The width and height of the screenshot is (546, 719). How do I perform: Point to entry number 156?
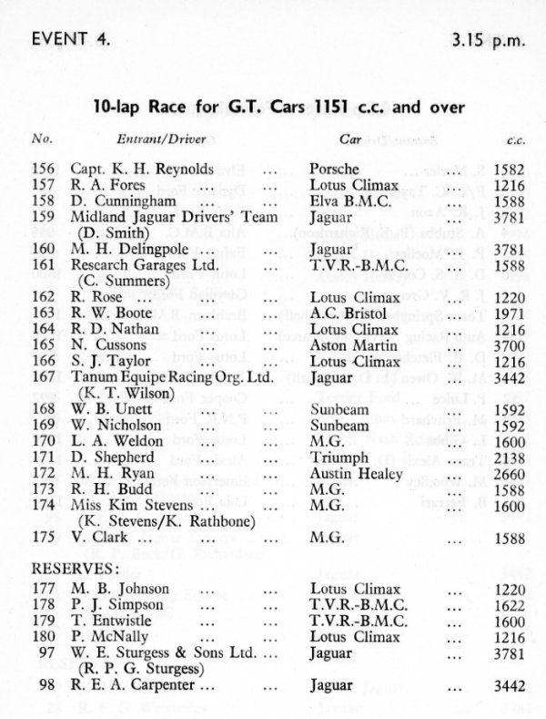click(x=57, y=169)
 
